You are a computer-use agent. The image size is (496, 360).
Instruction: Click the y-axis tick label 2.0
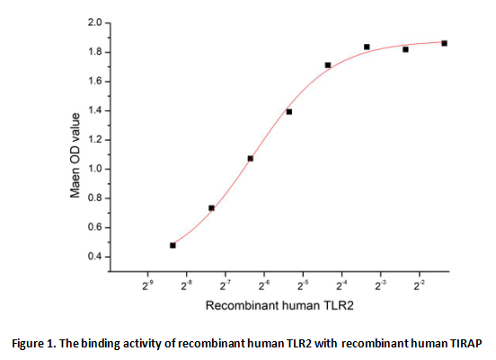pyautogui.click(x=94, y=22)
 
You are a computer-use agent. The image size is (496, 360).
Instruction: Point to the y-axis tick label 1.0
pyautogui.click(x=94, y=169)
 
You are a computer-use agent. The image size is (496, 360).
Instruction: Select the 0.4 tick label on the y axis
pyautogui.click(x=94, y=257)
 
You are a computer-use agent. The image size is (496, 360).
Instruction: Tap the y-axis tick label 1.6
pyautogui.click(x=94, y=81)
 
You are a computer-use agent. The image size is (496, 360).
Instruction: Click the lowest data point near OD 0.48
pyautogui.click(x=173, y=244)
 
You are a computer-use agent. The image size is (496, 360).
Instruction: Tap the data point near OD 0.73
pyautogui.click(x=211, y=207)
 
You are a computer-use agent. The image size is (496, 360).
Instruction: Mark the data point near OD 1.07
pyautogui.click(x=250, y=158)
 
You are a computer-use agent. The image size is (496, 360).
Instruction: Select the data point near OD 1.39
pyautogui.click(x=288, y=111)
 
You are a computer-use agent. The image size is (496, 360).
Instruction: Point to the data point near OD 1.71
pyautogui.click(x=328, y=65)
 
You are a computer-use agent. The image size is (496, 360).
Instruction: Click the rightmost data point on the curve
pyautogui.click(x=444, y=43)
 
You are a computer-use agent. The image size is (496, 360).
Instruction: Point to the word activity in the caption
pyautogui.click(x=156, y=343)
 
